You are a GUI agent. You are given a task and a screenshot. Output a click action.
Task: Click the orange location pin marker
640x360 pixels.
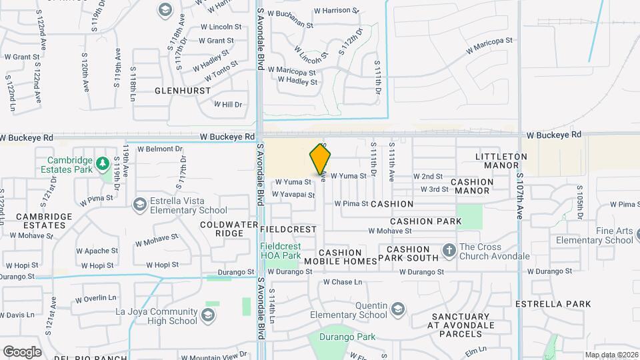click(x=321, y=159)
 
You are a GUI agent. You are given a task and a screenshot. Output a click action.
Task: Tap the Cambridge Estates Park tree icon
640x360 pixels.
click(x=102, y=163)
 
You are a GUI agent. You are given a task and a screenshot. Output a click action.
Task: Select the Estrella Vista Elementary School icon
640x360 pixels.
click(x=140, y=203)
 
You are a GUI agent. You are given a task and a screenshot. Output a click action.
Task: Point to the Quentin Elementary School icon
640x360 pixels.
click(x=398, y=309)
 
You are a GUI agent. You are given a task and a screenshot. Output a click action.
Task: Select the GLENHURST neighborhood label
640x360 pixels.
click(x=183, y=91)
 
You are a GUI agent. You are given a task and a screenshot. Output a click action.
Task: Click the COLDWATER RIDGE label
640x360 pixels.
click(x=229, y=229)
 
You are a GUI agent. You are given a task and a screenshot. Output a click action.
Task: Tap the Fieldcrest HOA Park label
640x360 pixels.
click(x=280, y=250)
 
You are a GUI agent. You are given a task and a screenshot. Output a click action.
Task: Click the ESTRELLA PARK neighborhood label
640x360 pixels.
click(x=553, y=304)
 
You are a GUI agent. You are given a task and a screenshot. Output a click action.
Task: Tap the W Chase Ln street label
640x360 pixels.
click(x=343, y=282)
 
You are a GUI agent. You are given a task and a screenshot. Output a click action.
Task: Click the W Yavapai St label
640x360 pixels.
click(x=293, y=195)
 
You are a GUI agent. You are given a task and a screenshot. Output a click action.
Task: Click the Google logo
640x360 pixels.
click(x=21, y=351)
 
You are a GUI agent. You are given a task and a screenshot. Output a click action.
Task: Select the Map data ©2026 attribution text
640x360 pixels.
click(x=611, y=355)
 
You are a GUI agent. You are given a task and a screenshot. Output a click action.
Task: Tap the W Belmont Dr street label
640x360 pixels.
click(x=159, y=149)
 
